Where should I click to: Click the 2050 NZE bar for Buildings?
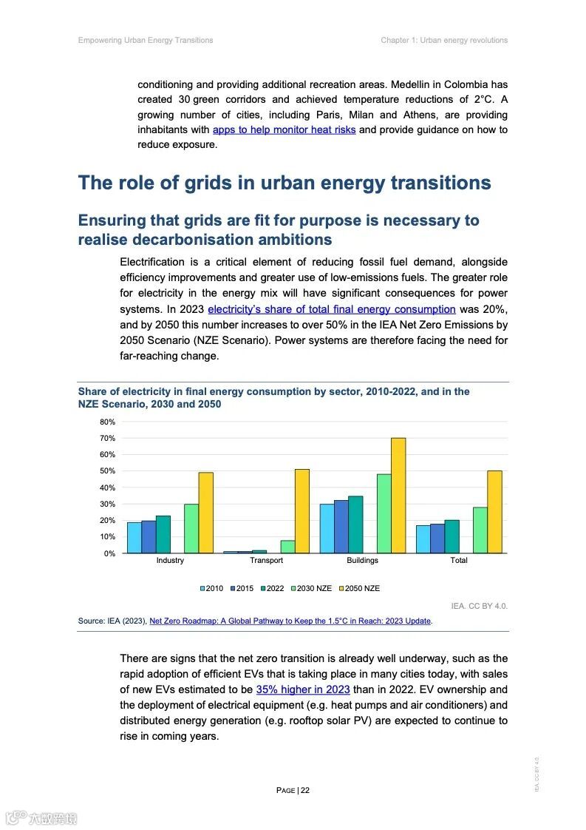398,495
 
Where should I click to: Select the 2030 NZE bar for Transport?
287,547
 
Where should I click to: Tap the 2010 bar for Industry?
134,538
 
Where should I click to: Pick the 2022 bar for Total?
452,536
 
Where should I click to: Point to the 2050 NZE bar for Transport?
302,511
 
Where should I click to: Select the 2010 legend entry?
211,588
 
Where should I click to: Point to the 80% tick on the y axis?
108,422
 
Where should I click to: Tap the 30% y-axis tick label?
108,504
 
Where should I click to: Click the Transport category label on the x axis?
266,560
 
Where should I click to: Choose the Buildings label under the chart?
362,560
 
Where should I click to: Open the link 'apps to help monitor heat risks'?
284,130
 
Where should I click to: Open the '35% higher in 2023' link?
303,689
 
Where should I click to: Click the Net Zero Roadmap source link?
290,621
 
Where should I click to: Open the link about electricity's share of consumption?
331,309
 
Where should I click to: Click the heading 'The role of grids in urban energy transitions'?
285,183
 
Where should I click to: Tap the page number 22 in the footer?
305,790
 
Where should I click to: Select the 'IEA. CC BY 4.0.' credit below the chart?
479,606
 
